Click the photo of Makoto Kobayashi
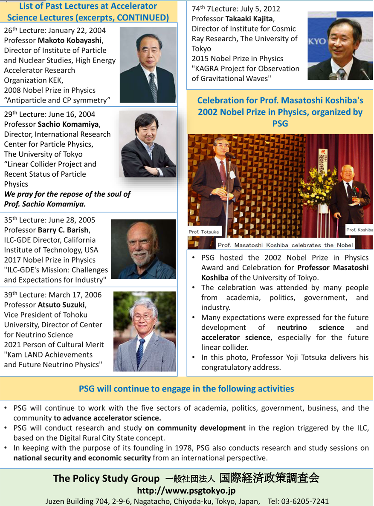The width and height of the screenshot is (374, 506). pos(148,65)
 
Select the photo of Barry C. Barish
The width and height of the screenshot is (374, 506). pos(143,249)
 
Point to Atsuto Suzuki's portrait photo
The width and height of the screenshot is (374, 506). pos(144,331)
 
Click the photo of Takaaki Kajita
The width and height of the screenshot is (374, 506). pos(340,46)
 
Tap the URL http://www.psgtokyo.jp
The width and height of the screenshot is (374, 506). pos(186,491)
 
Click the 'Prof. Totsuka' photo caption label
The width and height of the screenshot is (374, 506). pos(204,232)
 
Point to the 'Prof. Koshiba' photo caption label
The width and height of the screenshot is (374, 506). pos(359,230)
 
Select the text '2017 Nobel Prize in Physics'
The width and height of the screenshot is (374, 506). pos(49,260)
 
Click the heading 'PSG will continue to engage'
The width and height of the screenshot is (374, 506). pos(186,388)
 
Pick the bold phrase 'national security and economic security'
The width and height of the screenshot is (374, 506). pos(82,458)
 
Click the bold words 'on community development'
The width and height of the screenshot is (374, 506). pos(195,428)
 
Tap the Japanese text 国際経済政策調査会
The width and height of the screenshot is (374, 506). pos(269,478)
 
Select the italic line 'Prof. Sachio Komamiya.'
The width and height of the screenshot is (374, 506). pos(45,204)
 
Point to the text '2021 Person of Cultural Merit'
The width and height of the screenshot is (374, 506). pos(54,344)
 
